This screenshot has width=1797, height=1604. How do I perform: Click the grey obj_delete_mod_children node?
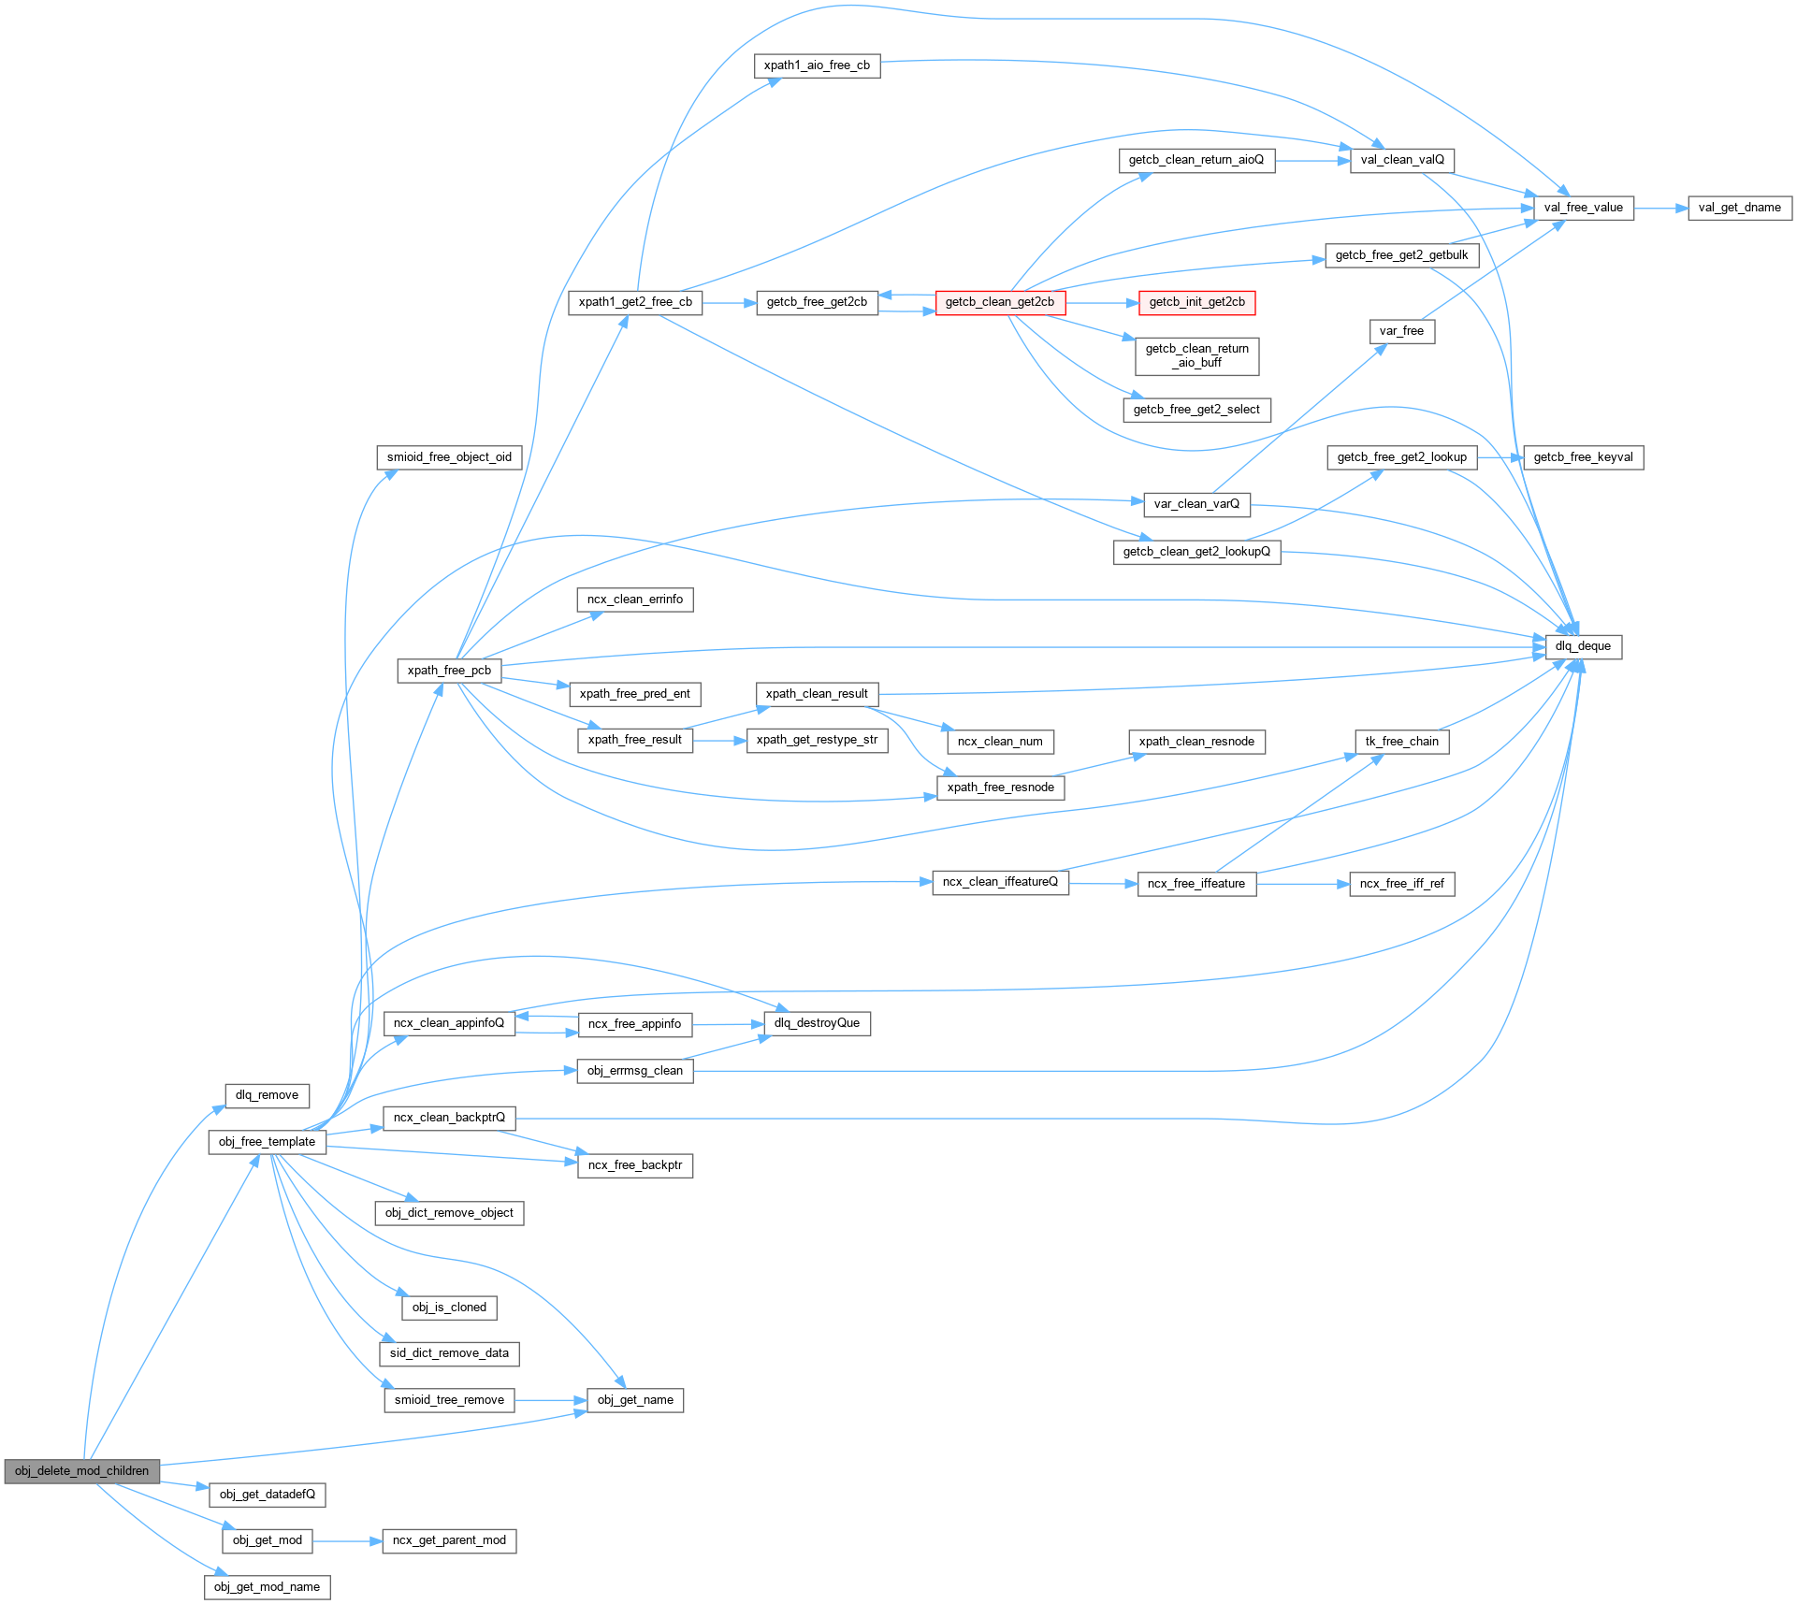[81, 1471]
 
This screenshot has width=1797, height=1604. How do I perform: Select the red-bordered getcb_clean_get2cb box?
[999, 302]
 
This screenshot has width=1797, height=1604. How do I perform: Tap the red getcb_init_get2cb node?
[1196, 302]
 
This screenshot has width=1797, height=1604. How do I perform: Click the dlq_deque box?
[1583, 646]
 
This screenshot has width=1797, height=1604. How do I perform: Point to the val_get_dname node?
[1739, 208]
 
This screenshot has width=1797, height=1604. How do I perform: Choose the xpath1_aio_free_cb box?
[817, 65]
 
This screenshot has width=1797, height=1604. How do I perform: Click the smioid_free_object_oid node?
[449, 457]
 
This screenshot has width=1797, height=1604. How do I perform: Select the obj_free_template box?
[267, 1142]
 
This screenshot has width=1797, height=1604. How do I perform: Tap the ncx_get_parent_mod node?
[449, 1540]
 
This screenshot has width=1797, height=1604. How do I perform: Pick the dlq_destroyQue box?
[817, 1023]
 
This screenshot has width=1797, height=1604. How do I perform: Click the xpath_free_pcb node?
[449, 671]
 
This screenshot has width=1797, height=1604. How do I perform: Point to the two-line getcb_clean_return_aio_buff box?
[1196, 356]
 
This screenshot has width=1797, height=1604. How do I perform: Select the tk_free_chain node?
[1401, 742]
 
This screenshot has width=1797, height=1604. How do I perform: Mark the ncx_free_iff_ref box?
[1401, 884]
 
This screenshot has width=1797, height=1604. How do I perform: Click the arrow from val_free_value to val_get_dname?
[1660, 209]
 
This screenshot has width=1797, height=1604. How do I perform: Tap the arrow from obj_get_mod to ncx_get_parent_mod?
[346, 1540]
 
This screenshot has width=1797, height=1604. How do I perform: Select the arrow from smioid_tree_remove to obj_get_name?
[551, 1400]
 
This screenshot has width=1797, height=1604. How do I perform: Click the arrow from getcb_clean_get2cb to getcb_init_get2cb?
[1101, 303]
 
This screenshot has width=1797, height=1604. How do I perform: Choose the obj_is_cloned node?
[449, 1308]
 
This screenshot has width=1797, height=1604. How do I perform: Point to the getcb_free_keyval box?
[1583, 457]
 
